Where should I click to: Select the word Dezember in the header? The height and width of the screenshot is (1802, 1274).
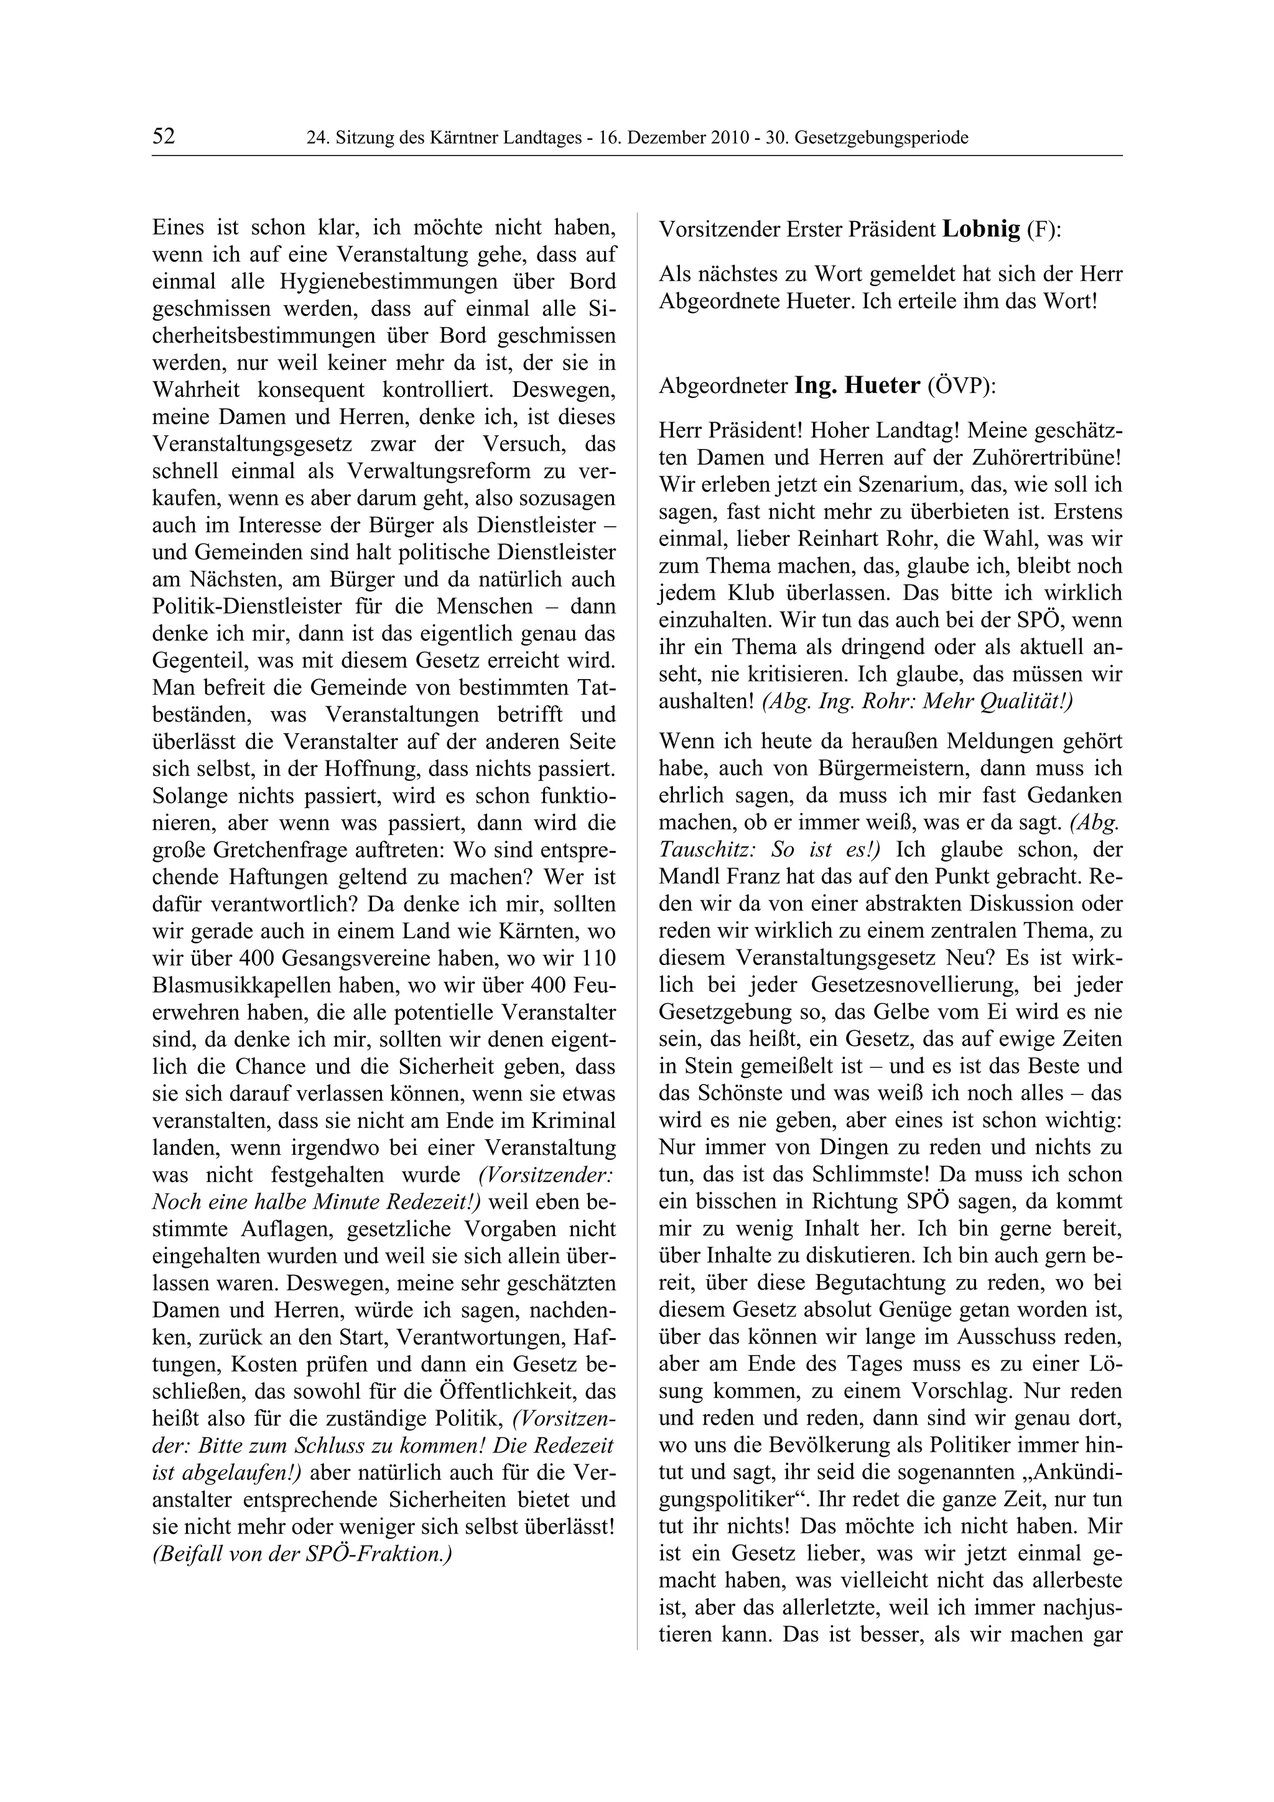(x=672, y=138)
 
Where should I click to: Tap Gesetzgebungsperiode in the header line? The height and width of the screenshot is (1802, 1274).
(x=881, y=138)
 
